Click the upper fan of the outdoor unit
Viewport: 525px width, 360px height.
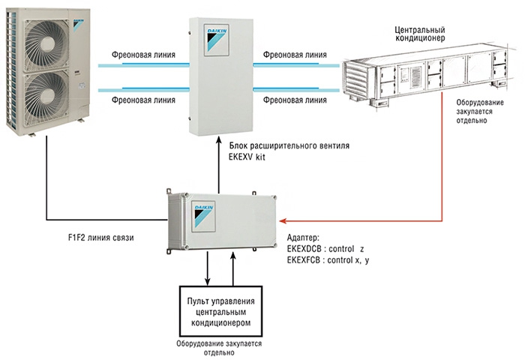coord(46,45)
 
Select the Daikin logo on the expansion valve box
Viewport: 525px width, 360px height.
coord(217,40)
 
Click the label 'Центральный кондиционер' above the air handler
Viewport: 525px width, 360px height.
coord(420,34)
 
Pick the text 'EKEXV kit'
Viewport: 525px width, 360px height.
coord(247,157)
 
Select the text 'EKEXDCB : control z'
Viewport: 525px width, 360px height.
coord(325,249)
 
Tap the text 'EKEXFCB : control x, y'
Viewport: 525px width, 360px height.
coord(328,260)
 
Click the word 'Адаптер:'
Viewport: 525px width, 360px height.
coord(303,238)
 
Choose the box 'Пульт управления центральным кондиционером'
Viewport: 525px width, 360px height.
coord(221,311)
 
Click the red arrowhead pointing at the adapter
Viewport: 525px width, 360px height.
coord(283,221)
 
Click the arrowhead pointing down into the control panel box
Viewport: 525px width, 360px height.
coord(208,282)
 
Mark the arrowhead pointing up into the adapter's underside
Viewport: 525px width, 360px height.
coord(233,256)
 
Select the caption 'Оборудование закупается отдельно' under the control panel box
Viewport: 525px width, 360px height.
coord(219,348)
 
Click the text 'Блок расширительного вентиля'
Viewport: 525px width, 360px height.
coord(289,146)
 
